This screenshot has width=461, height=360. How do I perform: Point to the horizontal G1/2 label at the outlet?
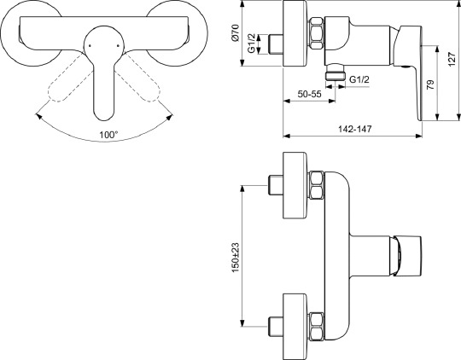pos(359,79)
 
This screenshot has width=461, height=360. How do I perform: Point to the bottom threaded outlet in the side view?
pos(336,77)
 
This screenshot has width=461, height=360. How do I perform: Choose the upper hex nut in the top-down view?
pos(316,183)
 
